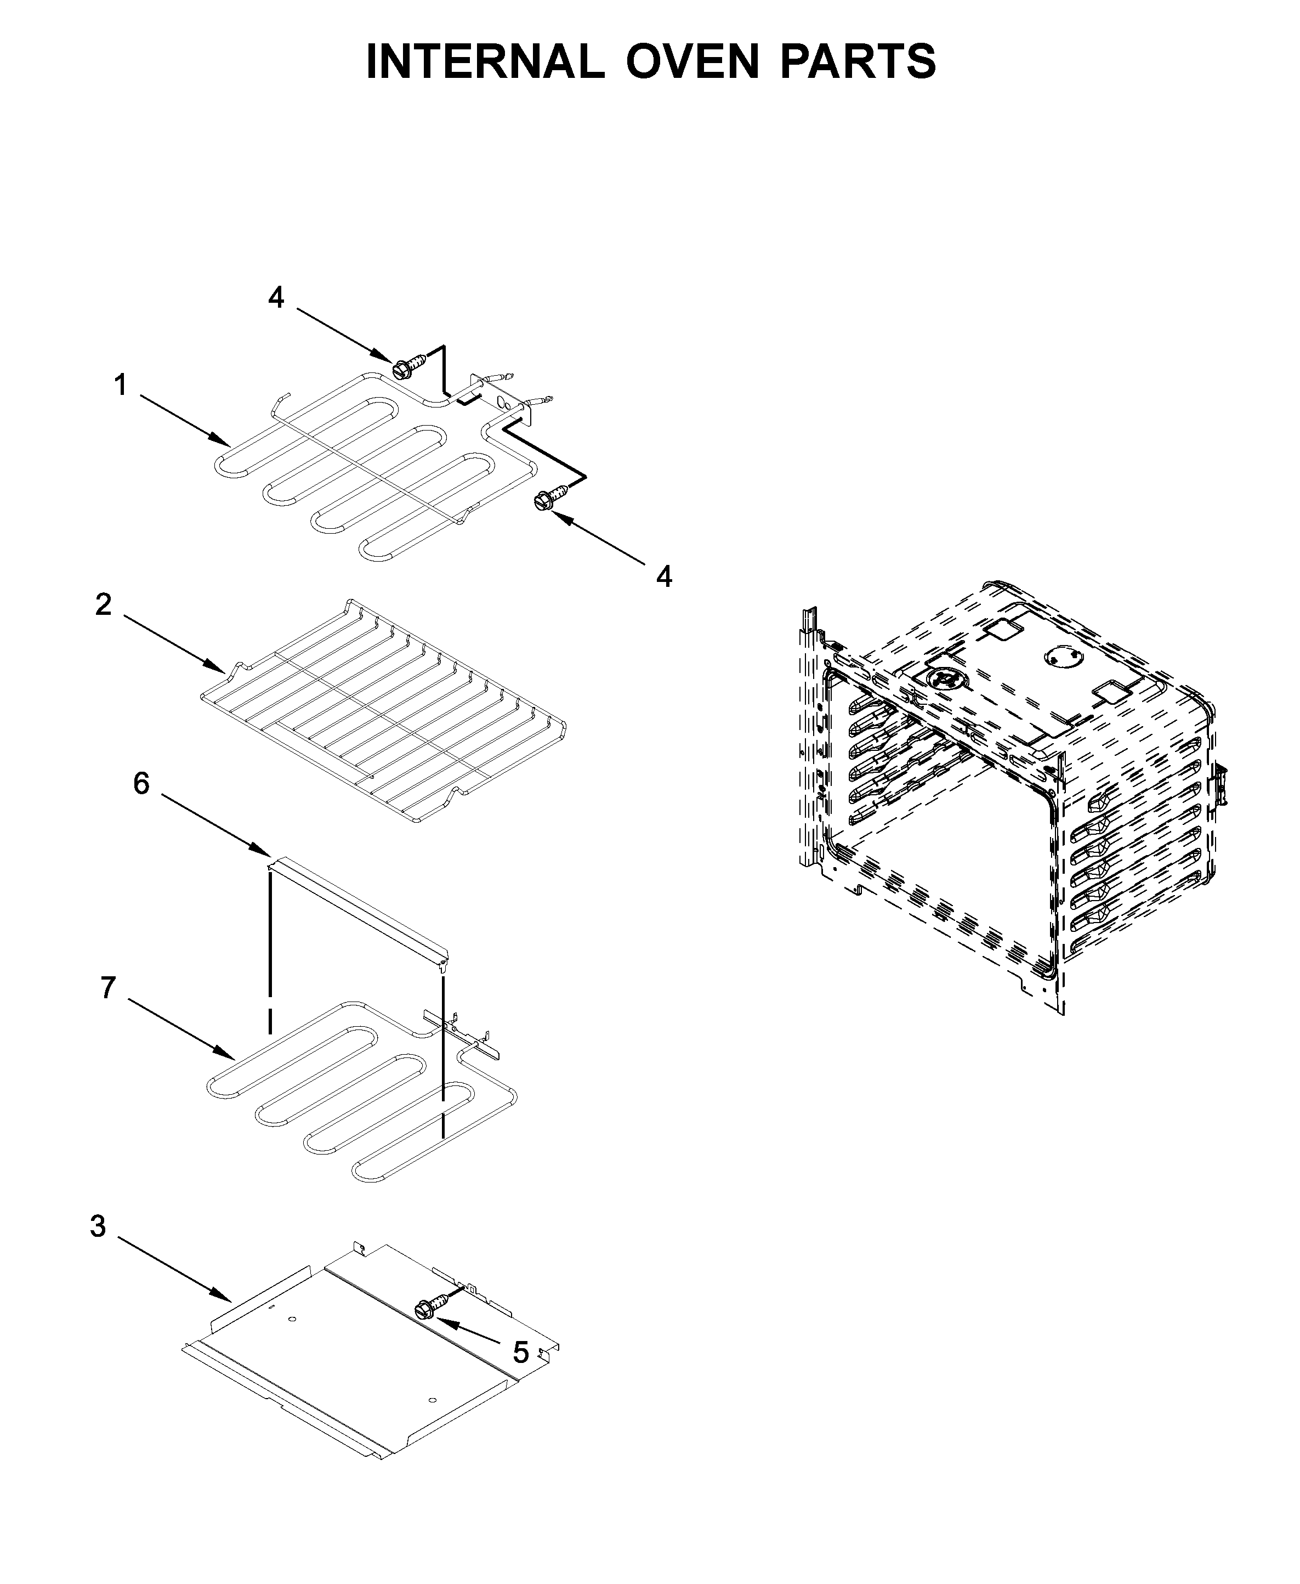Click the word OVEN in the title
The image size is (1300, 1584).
pyautogui.click(x=692, y=61)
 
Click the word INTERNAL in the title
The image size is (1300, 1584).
pyautogui.click(x=485, y=61)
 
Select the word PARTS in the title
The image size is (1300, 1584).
pyautogui.click(x=858, y=61)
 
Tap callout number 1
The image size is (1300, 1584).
pyautogui.click(x=121, y=387)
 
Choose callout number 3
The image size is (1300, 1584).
pyautogui.click(x=98, y=1227)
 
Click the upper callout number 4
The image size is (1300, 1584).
pyautogui.click(x=276, y=298)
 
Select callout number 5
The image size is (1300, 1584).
pyautogui.click(x=521, y=1352)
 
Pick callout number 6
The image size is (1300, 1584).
pyautogui.click(x=141, y=783)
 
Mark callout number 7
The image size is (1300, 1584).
pyautogui.click(x=109, y=988)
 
